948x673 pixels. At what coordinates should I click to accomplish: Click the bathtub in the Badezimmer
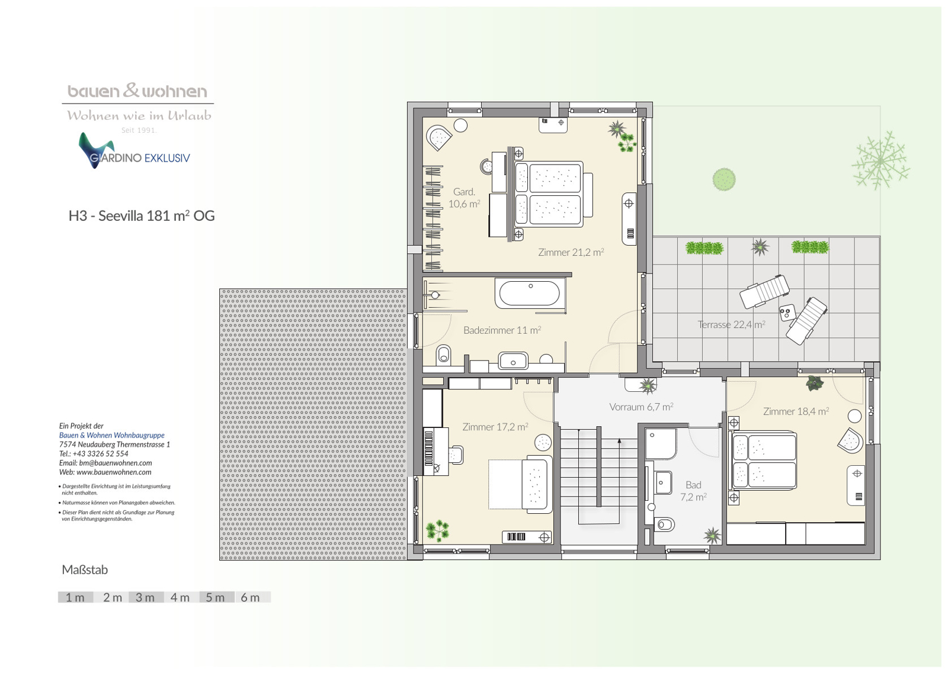(530, 294)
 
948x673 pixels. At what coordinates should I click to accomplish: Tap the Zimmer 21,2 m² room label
(571, 252)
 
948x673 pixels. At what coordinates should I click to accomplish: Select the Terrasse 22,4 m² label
(731, 325)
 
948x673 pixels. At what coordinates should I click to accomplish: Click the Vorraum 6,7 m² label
(641, 407)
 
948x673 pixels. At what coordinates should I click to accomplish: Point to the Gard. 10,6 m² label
(465, 198)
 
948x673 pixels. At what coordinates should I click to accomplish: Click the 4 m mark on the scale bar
(180, 597)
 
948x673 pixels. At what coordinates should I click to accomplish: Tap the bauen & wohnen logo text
(137, 91)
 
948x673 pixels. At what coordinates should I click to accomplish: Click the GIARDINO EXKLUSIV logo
(134, 152)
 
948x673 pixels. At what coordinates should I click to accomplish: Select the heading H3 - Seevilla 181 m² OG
(142, 215)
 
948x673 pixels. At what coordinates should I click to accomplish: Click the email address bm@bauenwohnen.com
(116, 463)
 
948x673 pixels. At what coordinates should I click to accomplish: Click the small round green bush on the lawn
(723, 179)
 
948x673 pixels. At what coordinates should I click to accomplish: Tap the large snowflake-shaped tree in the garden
(880, 160)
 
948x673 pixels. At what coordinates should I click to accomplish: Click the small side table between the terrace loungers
(787, 313)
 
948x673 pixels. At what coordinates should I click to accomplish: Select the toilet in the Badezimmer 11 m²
(443, 354)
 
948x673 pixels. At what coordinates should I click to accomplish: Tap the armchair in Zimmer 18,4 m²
(851, 441)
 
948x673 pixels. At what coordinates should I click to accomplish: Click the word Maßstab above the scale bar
(85, 570)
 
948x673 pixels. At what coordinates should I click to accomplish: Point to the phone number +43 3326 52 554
(100, 453)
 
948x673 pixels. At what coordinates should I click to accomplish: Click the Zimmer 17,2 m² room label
(495, 427)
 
